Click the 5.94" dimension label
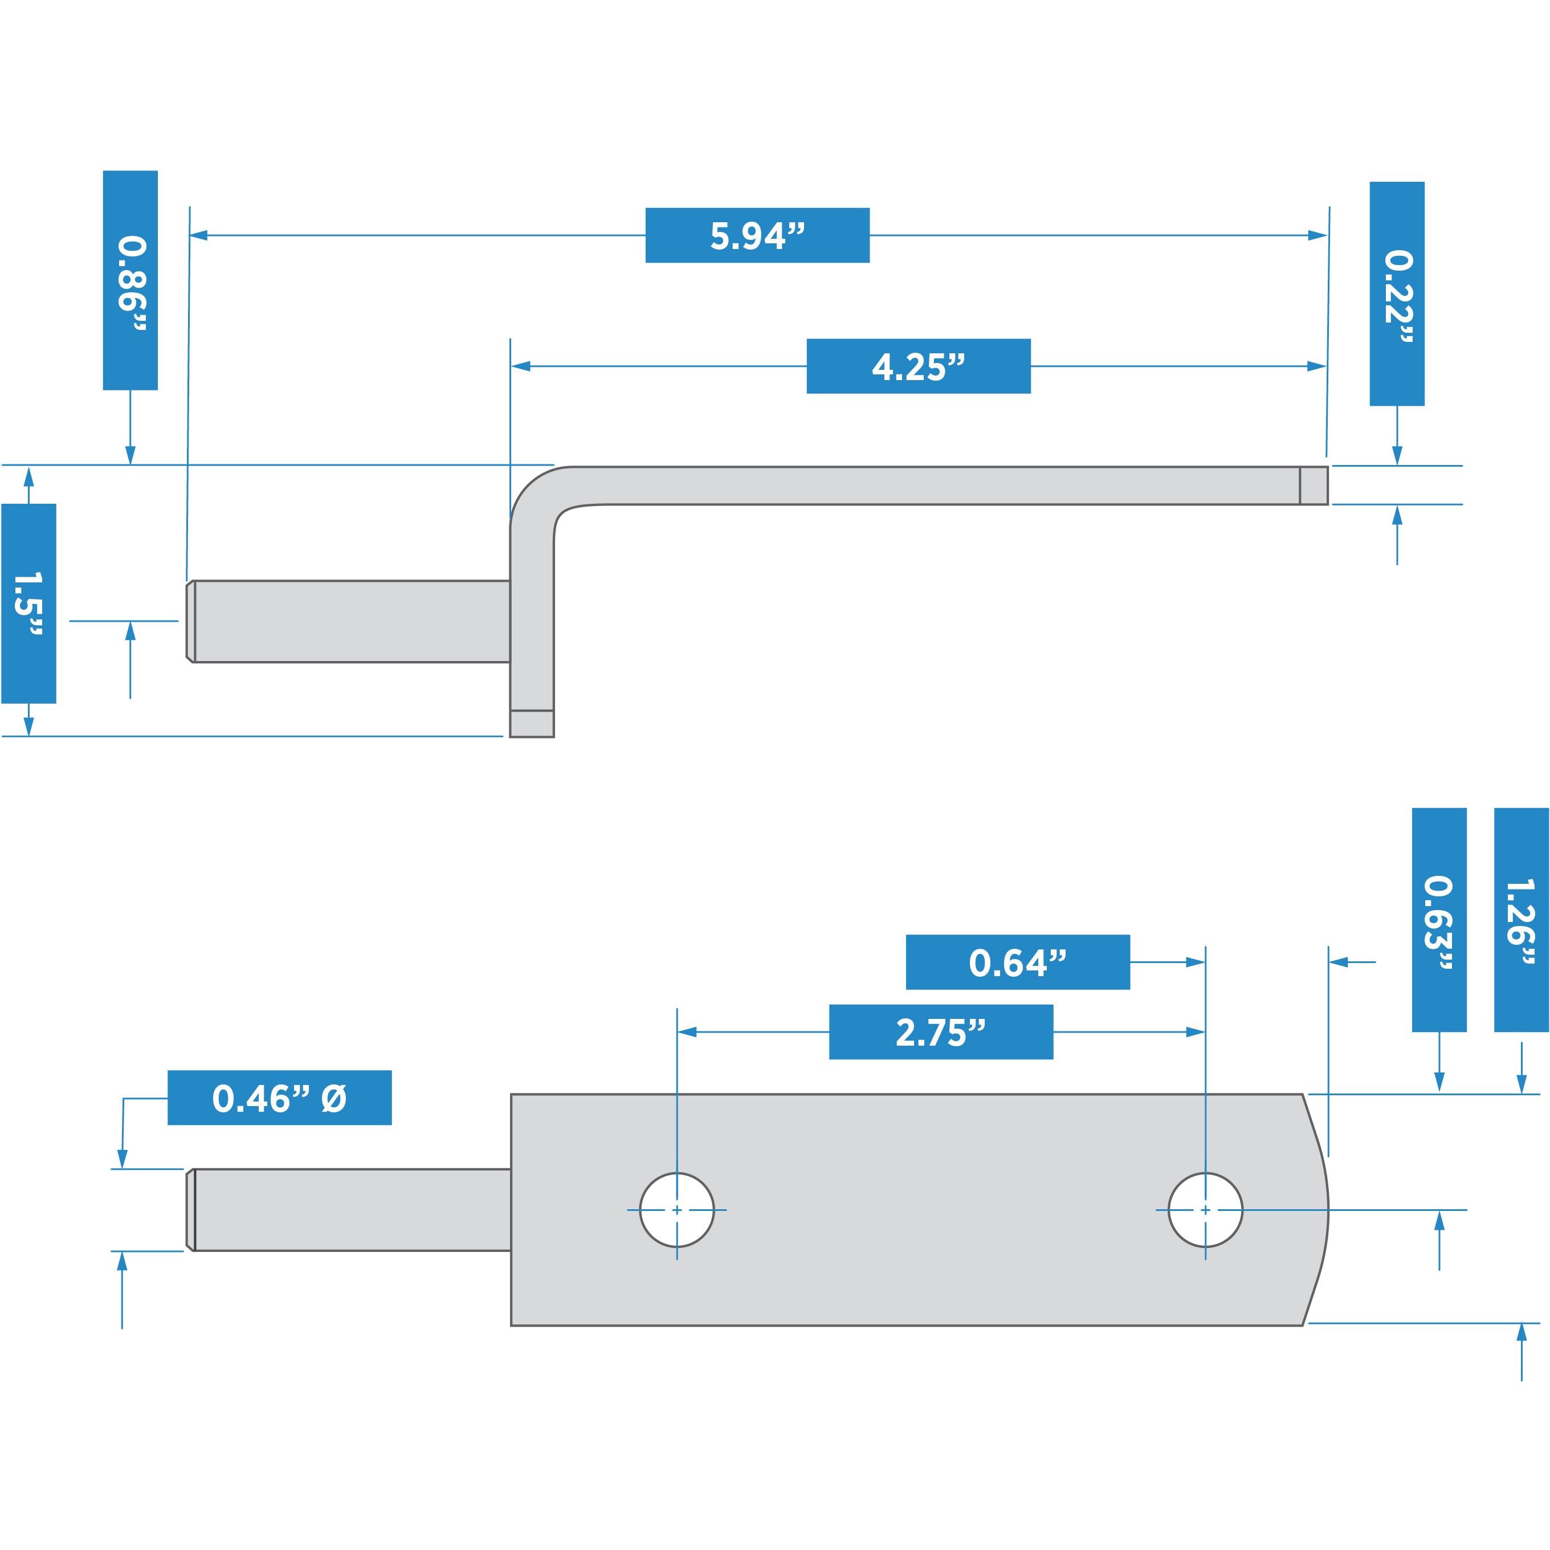point(757,235)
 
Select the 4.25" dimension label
point(918,366)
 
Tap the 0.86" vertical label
point(130,280)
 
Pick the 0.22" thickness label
point(1397,293)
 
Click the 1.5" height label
point(29,603)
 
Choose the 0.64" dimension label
point(1017,962)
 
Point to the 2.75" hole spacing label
point(940,1032)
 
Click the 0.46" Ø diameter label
point(279,1098)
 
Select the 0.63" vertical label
point(1439,919)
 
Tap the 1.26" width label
point(1521,919)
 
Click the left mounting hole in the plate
point(677,1210)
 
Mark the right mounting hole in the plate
point(1205,1210)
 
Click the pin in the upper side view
point(349,621)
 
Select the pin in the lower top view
point(349,1210)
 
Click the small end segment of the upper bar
point(1314,486)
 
